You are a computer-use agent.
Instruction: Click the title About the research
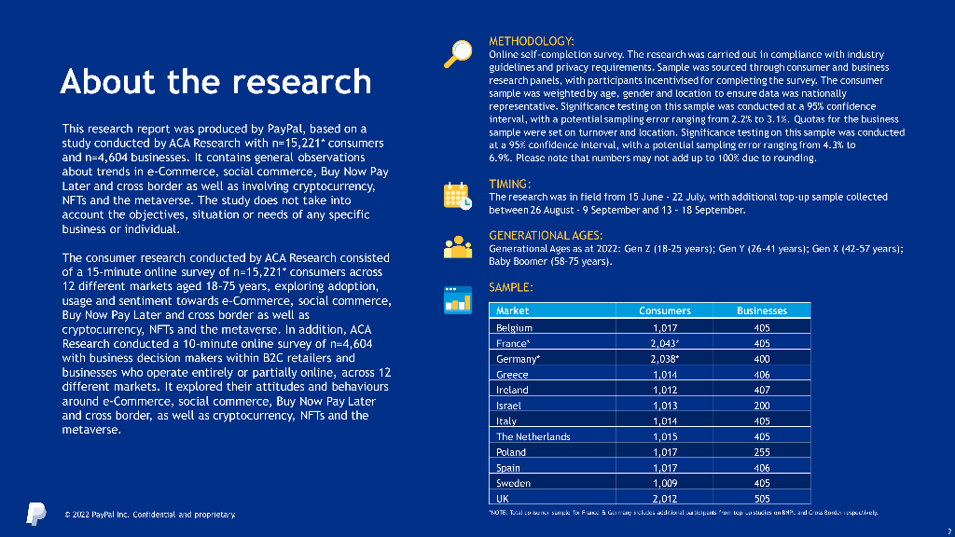coord(215,82)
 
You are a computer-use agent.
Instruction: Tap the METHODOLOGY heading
coord(532,41)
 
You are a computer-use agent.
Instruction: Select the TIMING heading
coord(510,184)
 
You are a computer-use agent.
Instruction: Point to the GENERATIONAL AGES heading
coord(546,235)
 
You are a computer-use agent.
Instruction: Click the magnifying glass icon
coord(457,54)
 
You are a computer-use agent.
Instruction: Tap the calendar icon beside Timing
coord(457,195)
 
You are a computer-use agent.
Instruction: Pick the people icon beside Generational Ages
coord(457,245)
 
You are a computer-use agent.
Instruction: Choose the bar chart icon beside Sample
coord(457,299)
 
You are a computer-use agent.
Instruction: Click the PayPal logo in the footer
coord(35,513)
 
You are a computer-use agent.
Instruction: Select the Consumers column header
coord(664,310)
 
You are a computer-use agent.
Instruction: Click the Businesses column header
coord(761,310)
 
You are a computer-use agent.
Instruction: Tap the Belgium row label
coord(514,327)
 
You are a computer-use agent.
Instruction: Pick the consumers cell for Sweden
coord(664,483)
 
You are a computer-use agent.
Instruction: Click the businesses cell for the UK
coord(761,499)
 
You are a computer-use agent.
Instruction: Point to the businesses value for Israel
coord(761,406)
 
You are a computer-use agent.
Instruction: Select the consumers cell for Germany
coord(666,359)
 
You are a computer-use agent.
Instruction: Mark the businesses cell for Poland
coord(761,452)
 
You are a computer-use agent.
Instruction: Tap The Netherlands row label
coord(533,436)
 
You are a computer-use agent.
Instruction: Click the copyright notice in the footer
coord(149,515)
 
